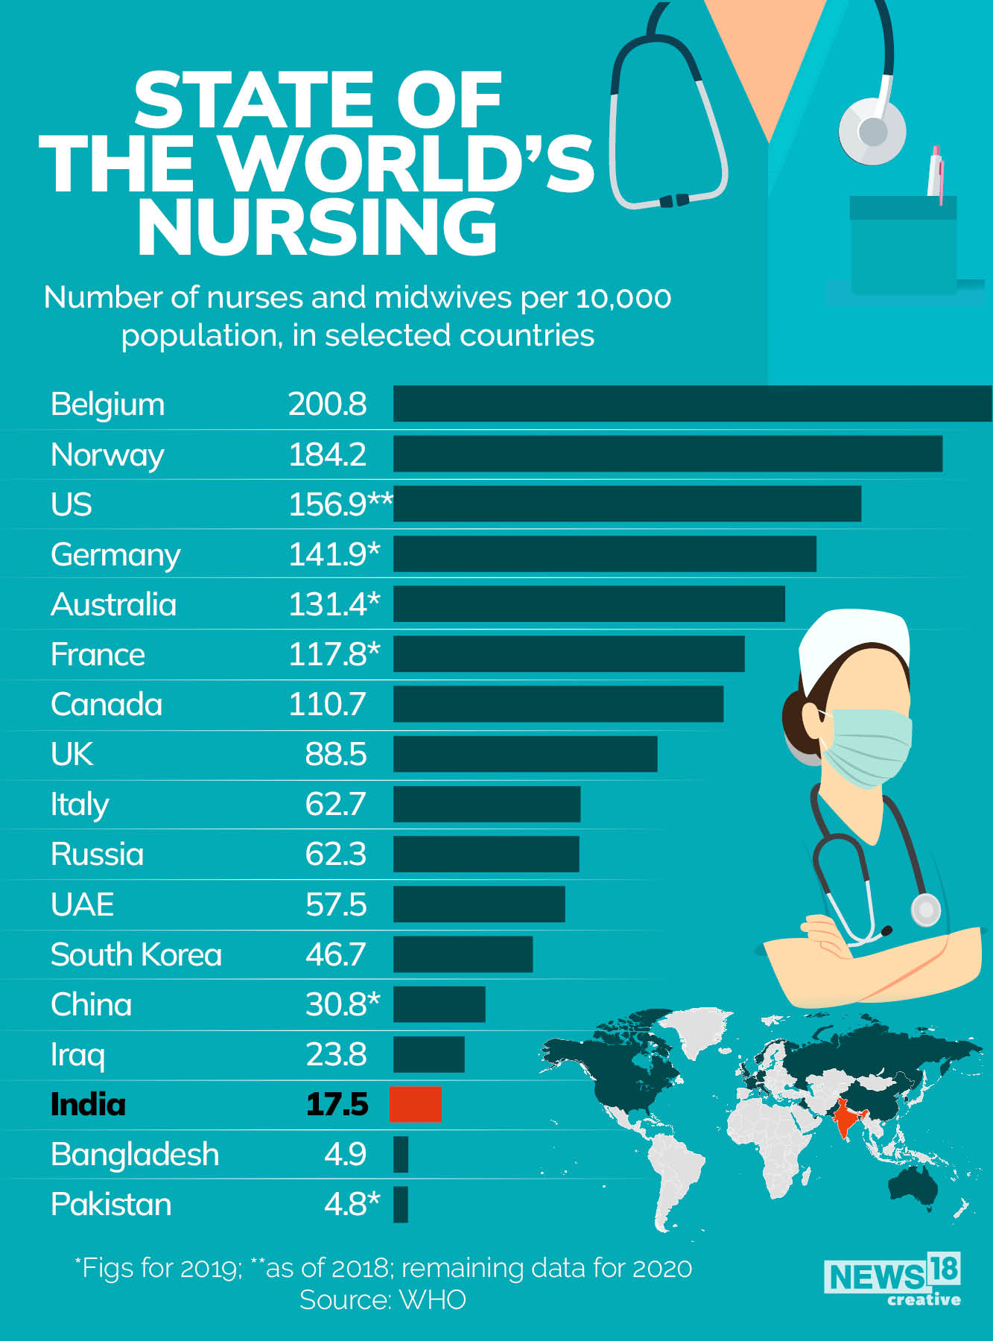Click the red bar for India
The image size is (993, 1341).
coord(416,1104)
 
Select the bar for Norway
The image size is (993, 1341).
coord(667,454)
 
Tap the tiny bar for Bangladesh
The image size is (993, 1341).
coord(401,1154)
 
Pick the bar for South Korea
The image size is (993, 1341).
coord(463,954)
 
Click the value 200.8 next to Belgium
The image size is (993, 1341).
coord(327,404)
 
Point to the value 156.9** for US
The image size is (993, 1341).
coord(340,504)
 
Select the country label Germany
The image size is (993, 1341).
coord(115,555)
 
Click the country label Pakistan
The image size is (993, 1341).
coord(111,1205)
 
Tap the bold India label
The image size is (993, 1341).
coord(88,1104)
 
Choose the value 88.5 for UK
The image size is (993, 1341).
coord(335,754)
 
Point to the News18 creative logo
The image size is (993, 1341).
coord(892,1280)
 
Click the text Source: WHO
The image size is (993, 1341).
coord(382,1300)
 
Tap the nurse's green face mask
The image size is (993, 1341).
coord(868,747)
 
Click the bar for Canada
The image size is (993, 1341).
coord(558,704)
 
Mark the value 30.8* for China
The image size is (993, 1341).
coord(342,1004)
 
